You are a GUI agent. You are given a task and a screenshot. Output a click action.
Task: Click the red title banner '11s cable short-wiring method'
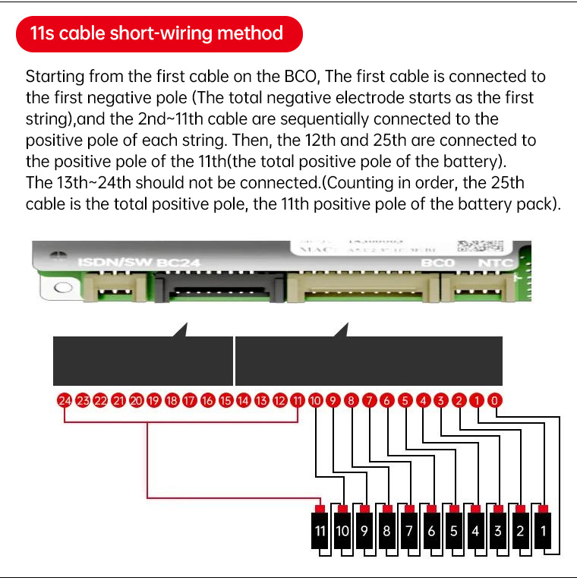[159, 33]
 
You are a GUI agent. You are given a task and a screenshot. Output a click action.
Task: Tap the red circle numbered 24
[65, 400]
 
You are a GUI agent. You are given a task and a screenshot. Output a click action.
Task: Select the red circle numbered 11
[298, 400]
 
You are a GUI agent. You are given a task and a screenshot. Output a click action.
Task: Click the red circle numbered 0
[495, 400]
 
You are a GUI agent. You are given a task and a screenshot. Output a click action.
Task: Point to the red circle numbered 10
[316, 400]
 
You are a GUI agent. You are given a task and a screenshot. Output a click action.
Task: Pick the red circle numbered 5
[405, 400]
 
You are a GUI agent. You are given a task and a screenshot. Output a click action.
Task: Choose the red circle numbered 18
[172, 400]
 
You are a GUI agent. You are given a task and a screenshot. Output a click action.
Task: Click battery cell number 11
[320, 531]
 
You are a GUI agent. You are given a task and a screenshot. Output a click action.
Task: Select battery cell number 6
[431, 531]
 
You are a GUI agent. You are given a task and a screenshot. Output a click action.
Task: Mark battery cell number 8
[387, 531]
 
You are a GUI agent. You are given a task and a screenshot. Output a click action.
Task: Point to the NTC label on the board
[497, 264]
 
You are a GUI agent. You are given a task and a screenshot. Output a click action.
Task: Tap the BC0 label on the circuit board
[438, 264]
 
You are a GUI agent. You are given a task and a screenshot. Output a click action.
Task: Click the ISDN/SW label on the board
[114, 264]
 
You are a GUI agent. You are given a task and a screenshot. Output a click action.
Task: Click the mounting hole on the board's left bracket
[64, 287]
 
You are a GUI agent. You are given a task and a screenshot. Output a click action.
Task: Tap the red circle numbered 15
[225, 400]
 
